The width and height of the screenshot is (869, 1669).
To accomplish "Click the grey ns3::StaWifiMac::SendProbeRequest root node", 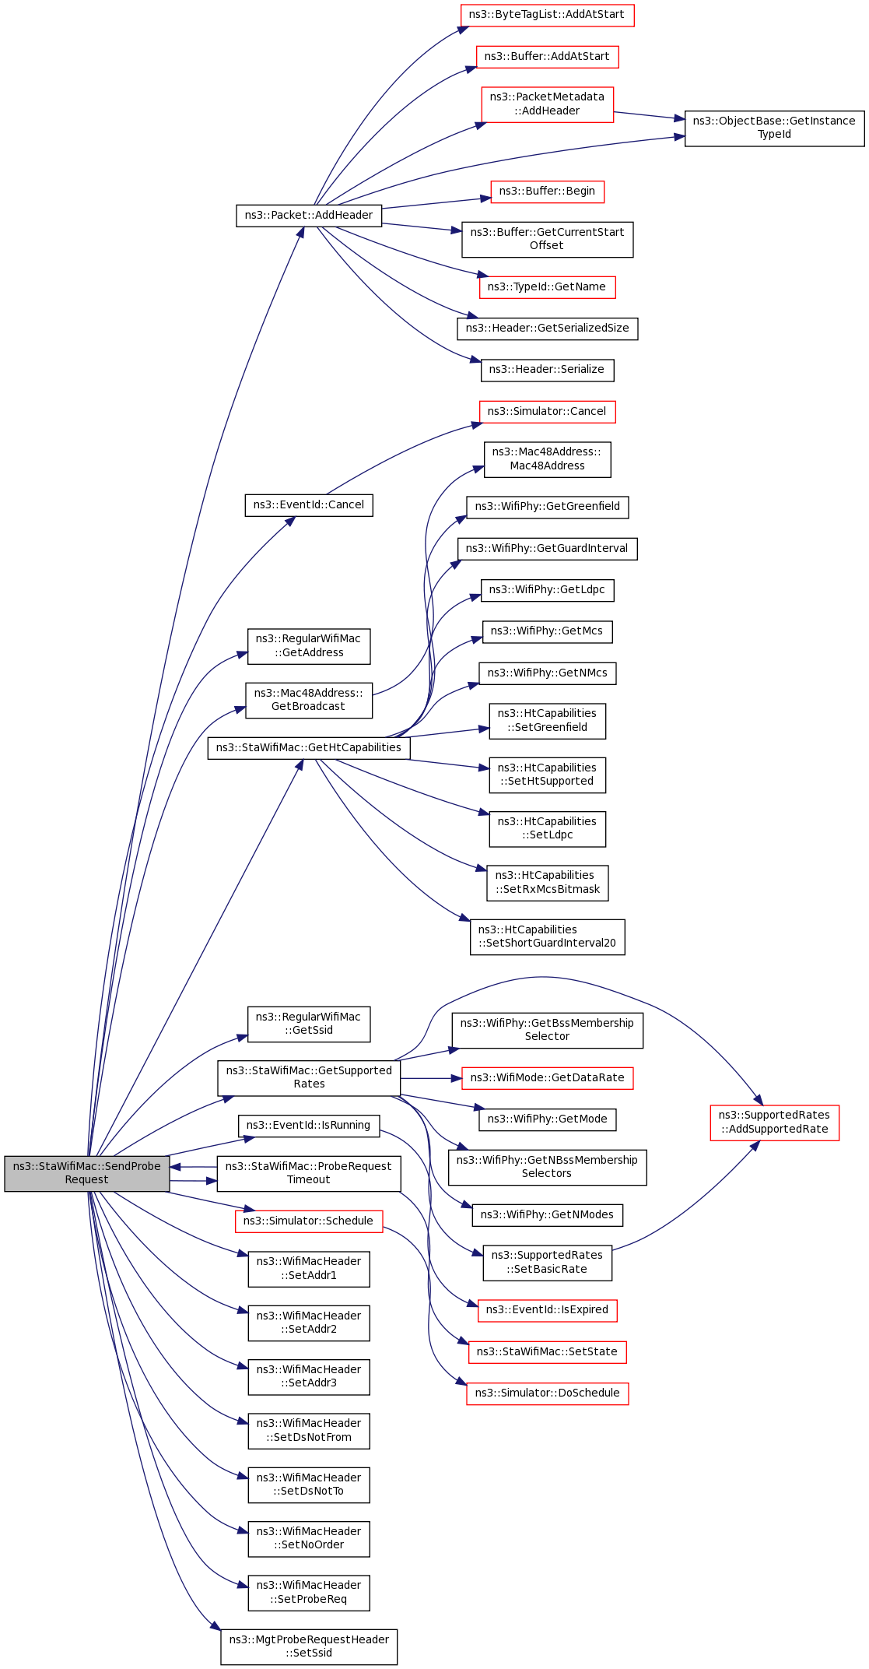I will (86, 1173).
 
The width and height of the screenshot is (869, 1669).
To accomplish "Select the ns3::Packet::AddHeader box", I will (309, 216).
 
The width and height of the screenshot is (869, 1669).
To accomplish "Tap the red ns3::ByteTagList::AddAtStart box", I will (547, 15).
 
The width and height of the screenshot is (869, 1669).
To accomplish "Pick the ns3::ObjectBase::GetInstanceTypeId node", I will (774, 128).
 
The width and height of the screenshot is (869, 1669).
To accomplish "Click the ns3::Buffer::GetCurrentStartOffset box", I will (547, 239).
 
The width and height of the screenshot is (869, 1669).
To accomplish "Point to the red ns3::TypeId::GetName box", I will (547, 287).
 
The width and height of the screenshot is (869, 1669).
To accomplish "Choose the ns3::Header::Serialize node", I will (547, 370).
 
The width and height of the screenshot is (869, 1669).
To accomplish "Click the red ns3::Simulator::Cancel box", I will (547, 412).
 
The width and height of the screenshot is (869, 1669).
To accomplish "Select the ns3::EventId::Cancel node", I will (309, 505).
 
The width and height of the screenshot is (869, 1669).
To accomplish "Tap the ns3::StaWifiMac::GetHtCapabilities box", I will (309, 748).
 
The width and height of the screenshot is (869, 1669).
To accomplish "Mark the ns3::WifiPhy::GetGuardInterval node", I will (547, 549).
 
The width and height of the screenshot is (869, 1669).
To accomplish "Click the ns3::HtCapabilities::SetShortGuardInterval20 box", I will (547, 936).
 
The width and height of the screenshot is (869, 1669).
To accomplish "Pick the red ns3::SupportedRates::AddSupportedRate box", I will (774, 1123).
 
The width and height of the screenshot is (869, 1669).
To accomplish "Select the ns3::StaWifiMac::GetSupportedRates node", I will (309, 1077).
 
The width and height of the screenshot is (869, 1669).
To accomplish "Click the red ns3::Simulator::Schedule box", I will (309, 1221).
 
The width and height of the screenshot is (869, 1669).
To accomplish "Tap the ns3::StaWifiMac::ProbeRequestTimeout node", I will (309, 1173).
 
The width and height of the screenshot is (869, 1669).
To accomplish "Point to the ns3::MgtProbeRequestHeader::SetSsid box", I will (309, 1646).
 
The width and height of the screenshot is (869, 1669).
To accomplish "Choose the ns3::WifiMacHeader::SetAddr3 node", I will (309, 1376).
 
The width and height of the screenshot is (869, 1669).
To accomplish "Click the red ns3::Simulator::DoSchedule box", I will (547, 1393).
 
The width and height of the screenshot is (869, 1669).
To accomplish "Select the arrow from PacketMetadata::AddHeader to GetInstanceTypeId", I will (649, 116).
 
